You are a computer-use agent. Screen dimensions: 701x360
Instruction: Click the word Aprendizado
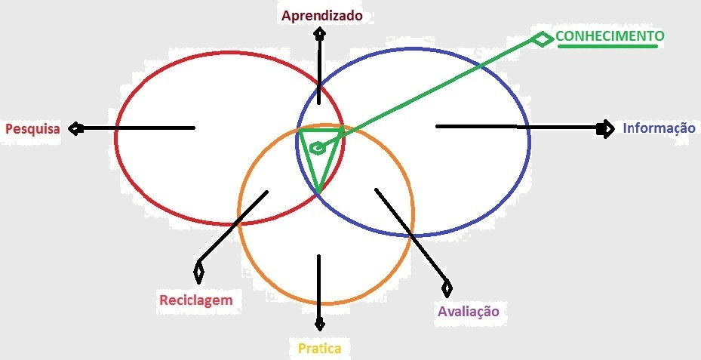point(321,16)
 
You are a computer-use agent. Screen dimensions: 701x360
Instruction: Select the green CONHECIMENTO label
point(610,35)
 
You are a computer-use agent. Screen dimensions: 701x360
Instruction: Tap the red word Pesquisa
point(32,129)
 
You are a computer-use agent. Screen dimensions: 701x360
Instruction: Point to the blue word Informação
point(659,128)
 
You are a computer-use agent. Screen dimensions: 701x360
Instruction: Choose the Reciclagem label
point(196,300)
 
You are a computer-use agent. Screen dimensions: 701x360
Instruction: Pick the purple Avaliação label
point(468,311)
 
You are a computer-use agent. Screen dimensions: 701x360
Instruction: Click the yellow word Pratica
point(320,349)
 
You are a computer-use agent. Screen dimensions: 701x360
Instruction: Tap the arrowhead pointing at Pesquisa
point(76,129)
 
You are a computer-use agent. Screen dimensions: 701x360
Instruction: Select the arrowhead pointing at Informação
point(606,129)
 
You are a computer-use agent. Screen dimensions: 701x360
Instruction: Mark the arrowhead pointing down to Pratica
point(319,324)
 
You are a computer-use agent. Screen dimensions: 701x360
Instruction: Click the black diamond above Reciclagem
point(198,272)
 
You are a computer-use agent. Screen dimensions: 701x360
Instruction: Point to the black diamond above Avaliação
point(447,288)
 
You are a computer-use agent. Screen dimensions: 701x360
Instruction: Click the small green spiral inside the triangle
point(317,148)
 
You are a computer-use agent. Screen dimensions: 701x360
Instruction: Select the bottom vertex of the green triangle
point(318,192)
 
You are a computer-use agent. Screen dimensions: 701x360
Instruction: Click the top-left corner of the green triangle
point(300,130)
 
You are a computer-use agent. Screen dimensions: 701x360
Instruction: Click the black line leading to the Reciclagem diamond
point(233,226)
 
